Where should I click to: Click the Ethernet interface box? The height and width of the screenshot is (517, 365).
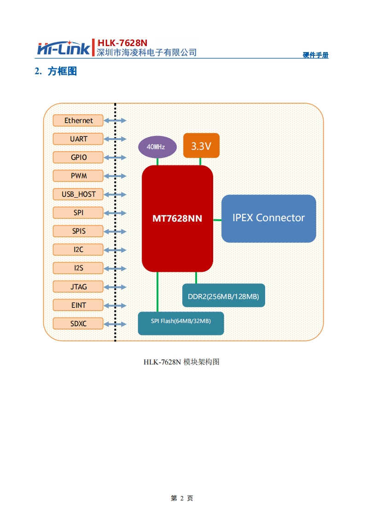click(79, 121)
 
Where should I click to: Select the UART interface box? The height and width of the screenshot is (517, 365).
click(79, 139)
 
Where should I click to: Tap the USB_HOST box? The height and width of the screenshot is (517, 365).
click(79, 194)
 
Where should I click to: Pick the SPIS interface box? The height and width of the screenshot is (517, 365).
click(79, 231)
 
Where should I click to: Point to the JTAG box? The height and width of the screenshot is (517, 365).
click(79, 287)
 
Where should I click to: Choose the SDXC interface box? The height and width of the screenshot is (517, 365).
click(79, 323)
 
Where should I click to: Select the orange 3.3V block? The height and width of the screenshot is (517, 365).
click(201, 146)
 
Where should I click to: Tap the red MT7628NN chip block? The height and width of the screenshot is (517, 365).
click(177, 218)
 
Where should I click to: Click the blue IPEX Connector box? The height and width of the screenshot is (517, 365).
click(269, 218)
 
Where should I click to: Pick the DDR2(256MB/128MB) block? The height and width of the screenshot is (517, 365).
click(224, 296)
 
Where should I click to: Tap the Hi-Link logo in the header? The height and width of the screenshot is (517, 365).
click(64, 48)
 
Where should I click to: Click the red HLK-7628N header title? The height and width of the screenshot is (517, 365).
click(122, 43)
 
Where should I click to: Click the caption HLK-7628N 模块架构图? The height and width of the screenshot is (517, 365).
click(181, 362)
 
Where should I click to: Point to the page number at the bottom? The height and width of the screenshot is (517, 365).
click(182, 498)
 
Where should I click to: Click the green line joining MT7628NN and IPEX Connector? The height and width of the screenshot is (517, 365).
click(217, 220)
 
